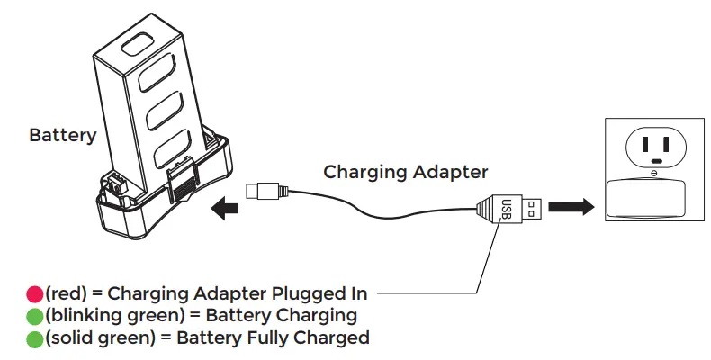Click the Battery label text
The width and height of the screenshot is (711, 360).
pyautogui.click(x=62, y=136)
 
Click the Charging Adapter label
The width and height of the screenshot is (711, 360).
pyautogui.click(x=405, y=171)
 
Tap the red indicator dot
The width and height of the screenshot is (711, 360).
pyautogui.click(x=34, y=292)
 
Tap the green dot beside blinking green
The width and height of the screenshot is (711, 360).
pyautogui.click(x=34, y=316)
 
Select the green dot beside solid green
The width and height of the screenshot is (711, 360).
pyautogui.click(x=34, y=339)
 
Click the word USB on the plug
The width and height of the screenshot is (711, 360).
pyautogui.click(x=506, y=209)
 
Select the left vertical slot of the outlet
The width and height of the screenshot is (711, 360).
pyautogui.click(x=645, y=141)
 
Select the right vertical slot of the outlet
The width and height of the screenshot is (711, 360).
pyautogui.click(x=671, y=141)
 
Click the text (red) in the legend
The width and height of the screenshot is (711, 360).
pyautogui.click(x=66, y=292)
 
